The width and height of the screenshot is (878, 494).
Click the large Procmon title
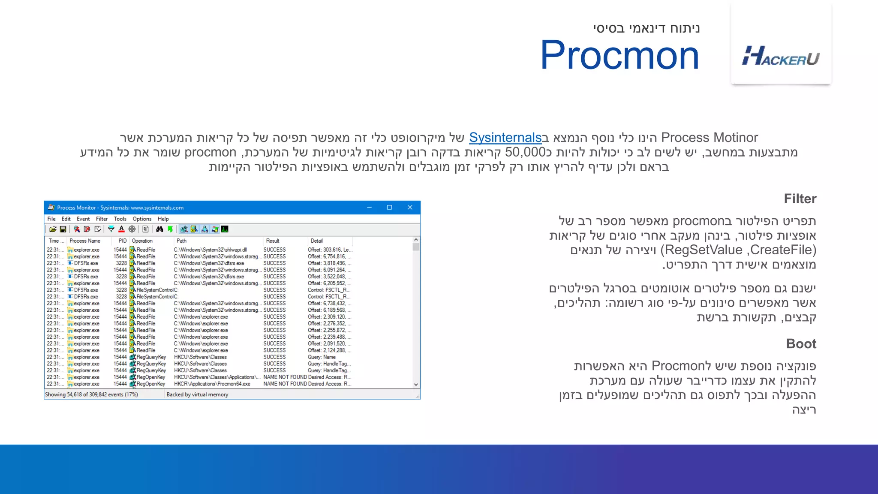tap(619, 55)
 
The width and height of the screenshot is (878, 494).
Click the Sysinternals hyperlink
tap(505, 138)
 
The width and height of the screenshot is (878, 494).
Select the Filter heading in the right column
tap(800, 199)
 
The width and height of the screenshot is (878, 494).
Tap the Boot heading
tap(801, 343)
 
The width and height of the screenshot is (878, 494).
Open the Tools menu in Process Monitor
tap(120, 219)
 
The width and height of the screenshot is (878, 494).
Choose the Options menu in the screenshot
tap(142, 219)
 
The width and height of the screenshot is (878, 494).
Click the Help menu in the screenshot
tap(163, 219)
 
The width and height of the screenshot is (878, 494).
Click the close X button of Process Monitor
tap(410, 208)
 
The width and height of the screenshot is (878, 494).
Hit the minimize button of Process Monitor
tap(369, 208)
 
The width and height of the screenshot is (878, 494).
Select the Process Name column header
tap(85, 241)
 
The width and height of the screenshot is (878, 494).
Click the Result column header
tap(273, 241)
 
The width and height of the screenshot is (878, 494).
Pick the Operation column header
tap(142, 241)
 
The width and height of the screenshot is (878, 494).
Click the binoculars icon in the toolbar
tap(159, 229)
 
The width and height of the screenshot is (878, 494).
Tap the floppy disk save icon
tap(63, 229)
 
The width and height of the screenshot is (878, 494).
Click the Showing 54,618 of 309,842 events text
tap(91, 395)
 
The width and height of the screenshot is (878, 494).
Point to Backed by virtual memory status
tap(197, 395)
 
